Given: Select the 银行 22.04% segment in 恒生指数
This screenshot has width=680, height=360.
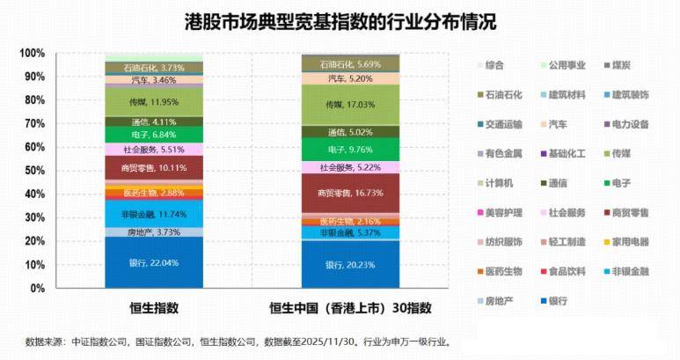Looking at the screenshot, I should point(154,262).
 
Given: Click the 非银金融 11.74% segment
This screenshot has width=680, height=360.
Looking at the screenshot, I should point(154,214).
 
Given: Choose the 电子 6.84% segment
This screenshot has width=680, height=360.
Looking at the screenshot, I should point(154,135).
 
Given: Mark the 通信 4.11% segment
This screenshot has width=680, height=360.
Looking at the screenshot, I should point(154,121).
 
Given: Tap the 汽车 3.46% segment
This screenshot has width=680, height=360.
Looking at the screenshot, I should point(154,80).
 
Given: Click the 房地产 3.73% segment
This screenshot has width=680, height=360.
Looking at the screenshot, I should point(154,232).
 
